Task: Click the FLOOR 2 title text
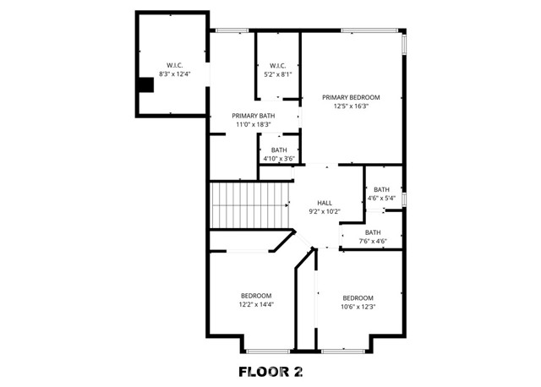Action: (270, 371)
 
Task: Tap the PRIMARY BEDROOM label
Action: (351, 97)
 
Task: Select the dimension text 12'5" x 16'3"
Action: (351, 106)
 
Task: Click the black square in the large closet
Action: (146, 84)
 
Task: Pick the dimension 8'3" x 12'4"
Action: (175, 74)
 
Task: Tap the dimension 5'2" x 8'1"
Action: (278, 74)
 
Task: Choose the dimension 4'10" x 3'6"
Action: (278, 158)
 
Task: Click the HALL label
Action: (325, 203)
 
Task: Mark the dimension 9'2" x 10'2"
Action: (325, 212)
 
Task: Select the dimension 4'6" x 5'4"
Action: (381, 199)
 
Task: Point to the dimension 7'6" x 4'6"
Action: (374, 242)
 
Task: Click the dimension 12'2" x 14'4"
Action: (256, 304)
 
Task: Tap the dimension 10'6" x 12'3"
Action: (358, 307)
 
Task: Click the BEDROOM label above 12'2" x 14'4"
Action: (256, 295)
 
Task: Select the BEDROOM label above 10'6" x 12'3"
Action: (358, 297)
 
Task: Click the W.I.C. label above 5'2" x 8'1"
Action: (278, 65)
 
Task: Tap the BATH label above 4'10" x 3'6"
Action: (279, 150)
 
